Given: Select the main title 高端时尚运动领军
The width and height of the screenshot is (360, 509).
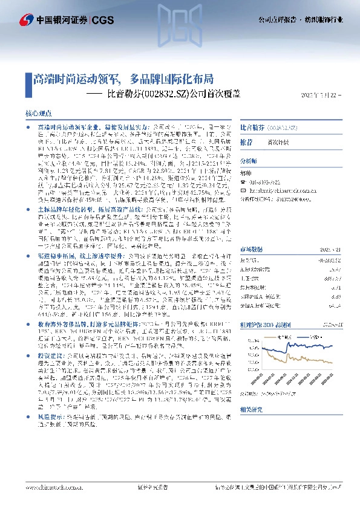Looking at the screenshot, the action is coord(75,79).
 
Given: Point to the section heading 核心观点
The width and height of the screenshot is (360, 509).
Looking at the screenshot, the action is coord(41,114).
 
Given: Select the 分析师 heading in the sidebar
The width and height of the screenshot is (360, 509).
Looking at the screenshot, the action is coord(249,161).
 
